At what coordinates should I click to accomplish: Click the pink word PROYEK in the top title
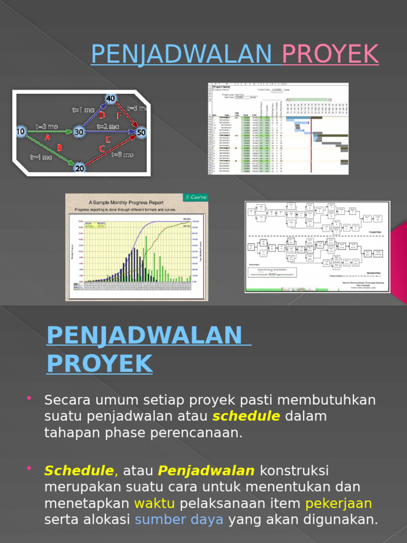[330, 54]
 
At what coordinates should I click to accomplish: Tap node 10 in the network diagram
[21, 131]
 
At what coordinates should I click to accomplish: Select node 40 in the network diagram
[110, 99]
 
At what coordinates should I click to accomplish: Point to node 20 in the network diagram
[79, 168]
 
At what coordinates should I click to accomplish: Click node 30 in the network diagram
[79, 132]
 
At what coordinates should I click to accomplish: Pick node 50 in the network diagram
[141, 132]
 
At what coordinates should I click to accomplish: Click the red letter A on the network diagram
[47, 137]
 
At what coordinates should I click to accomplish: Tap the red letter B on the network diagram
[59, 148]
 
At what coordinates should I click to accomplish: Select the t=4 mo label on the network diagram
[41, 157]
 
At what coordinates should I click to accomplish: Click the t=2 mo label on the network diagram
[109, 126]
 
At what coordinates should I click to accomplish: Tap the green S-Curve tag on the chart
[196, 197]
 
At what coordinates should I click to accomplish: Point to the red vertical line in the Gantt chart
[311, 143]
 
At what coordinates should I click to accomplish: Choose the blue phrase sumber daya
[179, 520]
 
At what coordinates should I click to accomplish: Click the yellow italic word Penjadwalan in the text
[206, 470]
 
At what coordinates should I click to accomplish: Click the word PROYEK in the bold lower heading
[100, 364]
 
